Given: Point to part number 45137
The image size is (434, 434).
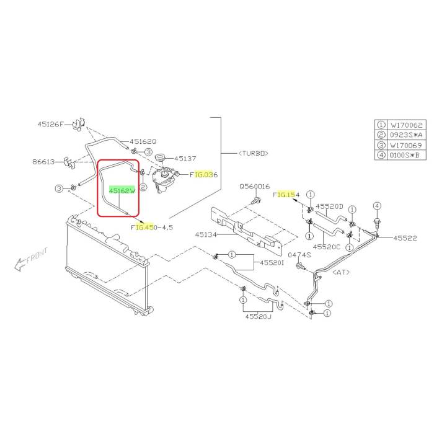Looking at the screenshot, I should (x=184, y=157).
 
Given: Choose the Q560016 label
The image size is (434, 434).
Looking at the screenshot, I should (x=255, y=186).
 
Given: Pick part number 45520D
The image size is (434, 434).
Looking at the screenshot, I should (x=329, y=206).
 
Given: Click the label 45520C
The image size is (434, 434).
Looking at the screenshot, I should (x=327, y=247).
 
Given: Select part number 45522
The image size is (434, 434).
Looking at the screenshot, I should (x=405, y=237).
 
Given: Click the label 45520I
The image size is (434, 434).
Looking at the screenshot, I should (x=272, y=263).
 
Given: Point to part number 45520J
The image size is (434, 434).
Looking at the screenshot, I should (x=258, y=317).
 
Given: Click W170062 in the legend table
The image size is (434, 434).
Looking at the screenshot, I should (x=407, y=124).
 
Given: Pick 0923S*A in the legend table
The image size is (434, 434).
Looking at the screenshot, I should (x=407, y=135).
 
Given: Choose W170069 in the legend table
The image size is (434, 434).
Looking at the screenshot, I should (x=407, y=144).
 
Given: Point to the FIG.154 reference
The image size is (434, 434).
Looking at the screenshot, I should (x=286, y=195).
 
